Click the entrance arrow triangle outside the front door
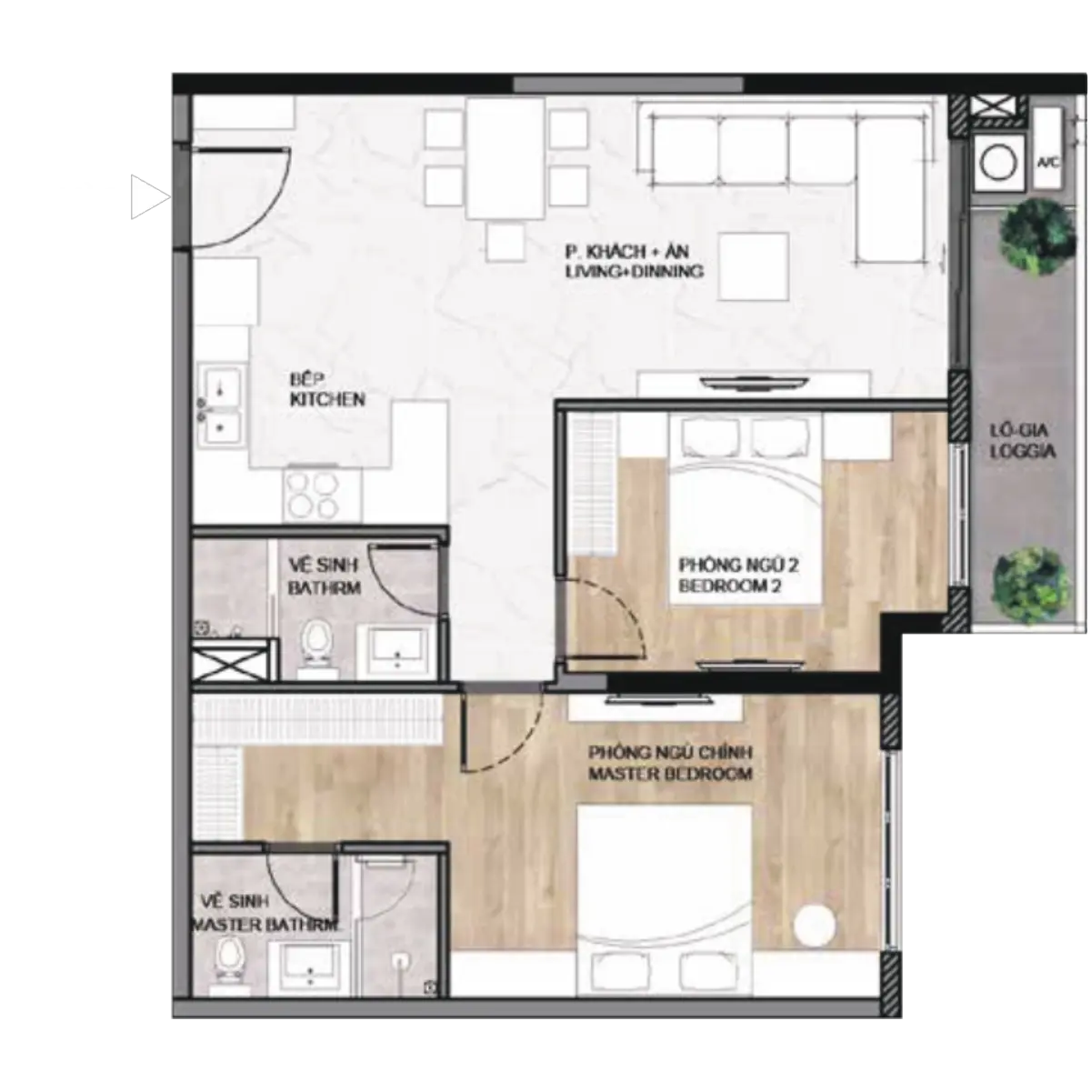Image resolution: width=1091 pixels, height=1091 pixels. (148, 196)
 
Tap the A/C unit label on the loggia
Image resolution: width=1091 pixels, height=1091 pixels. (1047, 163)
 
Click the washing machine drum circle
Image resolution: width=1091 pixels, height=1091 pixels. (998, 164)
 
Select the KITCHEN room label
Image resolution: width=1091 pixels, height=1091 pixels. (327, 400)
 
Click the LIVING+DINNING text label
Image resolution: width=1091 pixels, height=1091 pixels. (635, 271)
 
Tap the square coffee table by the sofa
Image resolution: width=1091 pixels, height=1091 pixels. (754, 266)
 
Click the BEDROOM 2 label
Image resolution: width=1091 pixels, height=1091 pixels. (730, 586)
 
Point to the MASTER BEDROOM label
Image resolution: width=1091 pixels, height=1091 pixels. (670, 774)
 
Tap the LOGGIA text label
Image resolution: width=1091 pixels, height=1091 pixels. (1023, 452)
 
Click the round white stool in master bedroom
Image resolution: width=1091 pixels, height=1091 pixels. (814, 925)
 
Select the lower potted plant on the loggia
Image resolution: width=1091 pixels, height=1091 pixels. (1032, 586)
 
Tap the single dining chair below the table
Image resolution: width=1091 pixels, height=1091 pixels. (505, 243)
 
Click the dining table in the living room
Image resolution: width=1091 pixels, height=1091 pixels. (505, 158)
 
